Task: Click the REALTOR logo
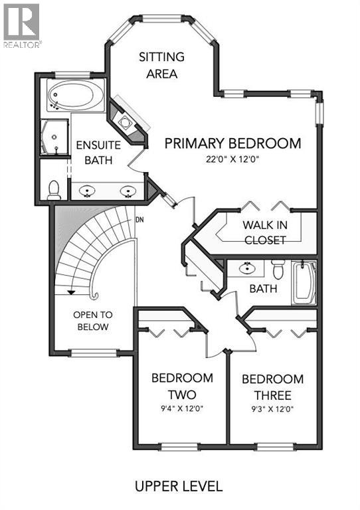[x=22, y=25]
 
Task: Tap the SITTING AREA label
[x=161, y=65]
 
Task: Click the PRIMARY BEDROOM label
[x=232, y=143]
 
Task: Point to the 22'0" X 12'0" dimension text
[x=232, y=159]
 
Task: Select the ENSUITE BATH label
[x=93, y=153]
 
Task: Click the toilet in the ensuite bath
[x=54, y=189]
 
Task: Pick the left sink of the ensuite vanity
[x=88, y=191]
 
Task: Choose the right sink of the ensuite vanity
[x=128, y=191]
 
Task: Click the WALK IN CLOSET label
[x=264, y=232]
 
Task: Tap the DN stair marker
[x=139, y=220]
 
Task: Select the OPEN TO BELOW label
[x=92, y=321]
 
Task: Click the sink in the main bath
[x=247, y=269]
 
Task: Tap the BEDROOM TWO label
[x=182, y=386]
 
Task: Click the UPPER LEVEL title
[x=179, y=486]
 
